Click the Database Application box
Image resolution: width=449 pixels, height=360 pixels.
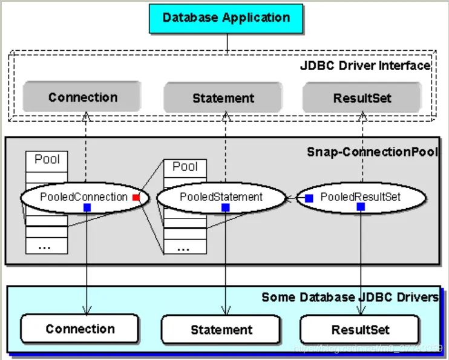click(226, 17)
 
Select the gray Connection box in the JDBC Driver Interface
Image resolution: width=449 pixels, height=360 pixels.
click(82, 97)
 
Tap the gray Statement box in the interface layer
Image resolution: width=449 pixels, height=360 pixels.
click(223, 97)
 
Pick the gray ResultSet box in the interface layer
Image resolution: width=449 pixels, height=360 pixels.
click(362, 97)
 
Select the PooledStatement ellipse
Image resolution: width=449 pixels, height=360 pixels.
click(221, 197)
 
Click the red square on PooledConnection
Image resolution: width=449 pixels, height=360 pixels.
click(136, 197)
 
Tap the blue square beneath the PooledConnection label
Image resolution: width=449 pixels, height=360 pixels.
click(87, 208)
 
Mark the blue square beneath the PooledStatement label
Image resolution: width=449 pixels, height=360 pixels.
click(225, 208)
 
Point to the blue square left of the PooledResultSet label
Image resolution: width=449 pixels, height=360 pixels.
click(309, 198)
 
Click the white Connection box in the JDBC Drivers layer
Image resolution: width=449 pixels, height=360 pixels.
click(80, 329)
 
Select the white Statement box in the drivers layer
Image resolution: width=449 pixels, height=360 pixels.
click(221, 330)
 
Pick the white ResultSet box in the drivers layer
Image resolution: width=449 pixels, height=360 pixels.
click(360, 330)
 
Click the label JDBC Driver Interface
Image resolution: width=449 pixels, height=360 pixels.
click(365, 65)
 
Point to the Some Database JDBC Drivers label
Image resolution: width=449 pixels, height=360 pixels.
click(350, 297)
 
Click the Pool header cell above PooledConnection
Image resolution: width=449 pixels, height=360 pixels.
click(47, 160)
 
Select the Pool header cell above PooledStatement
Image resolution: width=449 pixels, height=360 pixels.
click(185, 166)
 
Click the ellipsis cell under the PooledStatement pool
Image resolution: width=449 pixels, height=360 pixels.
click(185, 247)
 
